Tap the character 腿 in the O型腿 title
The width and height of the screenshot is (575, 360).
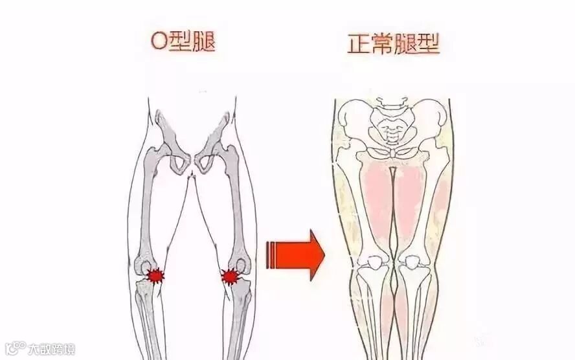202,42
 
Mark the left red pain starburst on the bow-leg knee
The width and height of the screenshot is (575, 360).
154,276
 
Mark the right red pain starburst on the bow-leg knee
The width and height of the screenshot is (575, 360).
230,277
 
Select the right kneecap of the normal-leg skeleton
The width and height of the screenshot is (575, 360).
412,262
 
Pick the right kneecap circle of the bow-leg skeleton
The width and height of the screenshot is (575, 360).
241,265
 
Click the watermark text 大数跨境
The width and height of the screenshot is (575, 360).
51,350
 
